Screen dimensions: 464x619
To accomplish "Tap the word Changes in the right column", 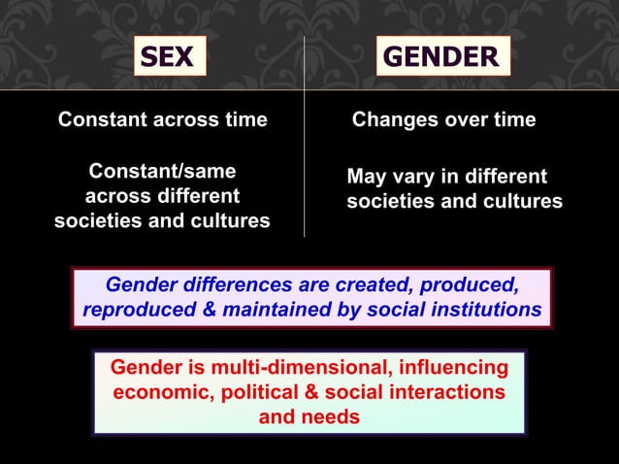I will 393,120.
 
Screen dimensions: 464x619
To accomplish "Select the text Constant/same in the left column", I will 162,171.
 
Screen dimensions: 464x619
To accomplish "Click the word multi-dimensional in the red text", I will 283,368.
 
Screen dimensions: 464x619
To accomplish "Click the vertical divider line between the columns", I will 305,146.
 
